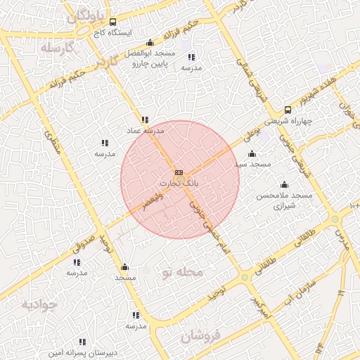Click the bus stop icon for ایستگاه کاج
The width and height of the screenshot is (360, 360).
(113, 22)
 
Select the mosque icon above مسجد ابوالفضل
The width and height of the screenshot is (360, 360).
(150, 43)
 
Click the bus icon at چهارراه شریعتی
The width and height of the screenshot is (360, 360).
(288, 110)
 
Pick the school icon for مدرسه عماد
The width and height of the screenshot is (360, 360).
(144, 120)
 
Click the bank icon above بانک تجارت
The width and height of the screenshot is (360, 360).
(179, 172)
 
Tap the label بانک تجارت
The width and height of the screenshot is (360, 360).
(179, 183)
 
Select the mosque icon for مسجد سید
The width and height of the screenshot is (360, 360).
(252, 154)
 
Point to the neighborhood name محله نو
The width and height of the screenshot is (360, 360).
(181, 271)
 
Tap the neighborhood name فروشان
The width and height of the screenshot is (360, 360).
(200, 336)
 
